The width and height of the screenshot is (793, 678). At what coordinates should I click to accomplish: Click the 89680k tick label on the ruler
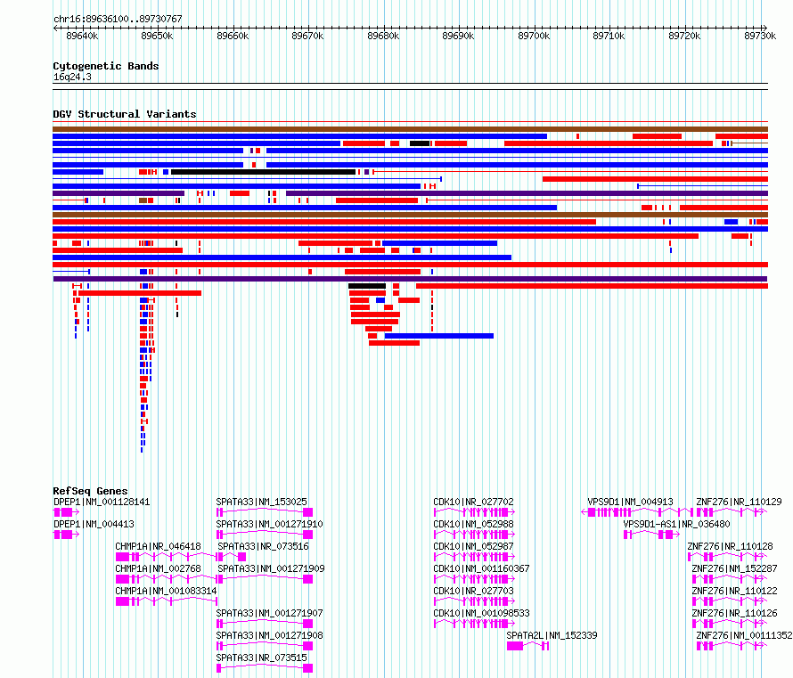pos(383,36)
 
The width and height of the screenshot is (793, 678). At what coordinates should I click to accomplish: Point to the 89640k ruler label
pos(82,36)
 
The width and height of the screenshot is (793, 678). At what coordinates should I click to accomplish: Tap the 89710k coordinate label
pos(609,36)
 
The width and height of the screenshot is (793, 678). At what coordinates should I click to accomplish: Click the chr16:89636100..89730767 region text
pos(118,19)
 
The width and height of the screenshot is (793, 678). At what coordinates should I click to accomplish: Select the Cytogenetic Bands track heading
pos(106,66)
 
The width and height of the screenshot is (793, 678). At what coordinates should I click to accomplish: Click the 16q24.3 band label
pos(72,77)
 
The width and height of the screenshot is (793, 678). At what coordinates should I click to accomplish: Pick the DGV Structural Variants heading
pos(125,114)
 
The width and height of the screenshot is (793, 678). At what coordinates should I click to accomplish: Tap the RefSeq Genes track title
pos(90,490)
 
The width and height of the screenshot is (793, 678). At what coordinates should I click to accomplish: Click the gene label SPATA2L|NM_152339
pos(552,635)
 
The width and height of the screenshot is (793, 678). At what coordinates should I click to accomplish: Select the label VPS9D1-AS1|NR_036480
pos(676,524)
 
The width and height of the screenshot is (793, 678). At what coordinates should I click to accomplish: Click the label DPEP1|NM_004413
pos(94,524)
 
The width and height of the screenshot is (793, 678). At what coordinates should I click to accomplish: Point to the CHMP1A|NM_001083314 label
pos(166,591)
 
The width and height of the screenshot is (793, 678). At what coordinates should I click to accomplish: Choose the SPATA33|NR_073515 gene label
pos(261,658)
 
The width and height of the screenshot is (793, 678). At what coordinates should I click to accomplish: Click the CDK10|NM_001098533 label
pos(481,613)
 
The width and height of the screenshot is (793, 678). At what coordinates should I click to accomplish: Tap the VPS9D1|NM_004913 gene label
pos(630,502)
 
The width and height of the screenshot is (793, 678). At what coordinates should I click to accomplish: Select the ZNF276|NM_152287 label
pos(734,568)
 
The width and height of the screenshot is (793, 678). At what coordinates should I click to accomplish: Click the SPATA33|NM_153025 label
pos(261,502)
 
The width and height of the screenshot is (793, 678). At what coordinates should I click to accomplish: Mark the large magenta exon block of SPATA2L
pos(515,646)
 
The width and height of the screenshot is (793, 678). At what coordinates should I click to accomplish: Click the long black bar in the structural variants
pos(263,172)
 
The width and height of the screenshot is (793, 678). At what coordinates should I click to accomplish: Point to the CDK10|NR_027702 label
pos(473,502)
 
